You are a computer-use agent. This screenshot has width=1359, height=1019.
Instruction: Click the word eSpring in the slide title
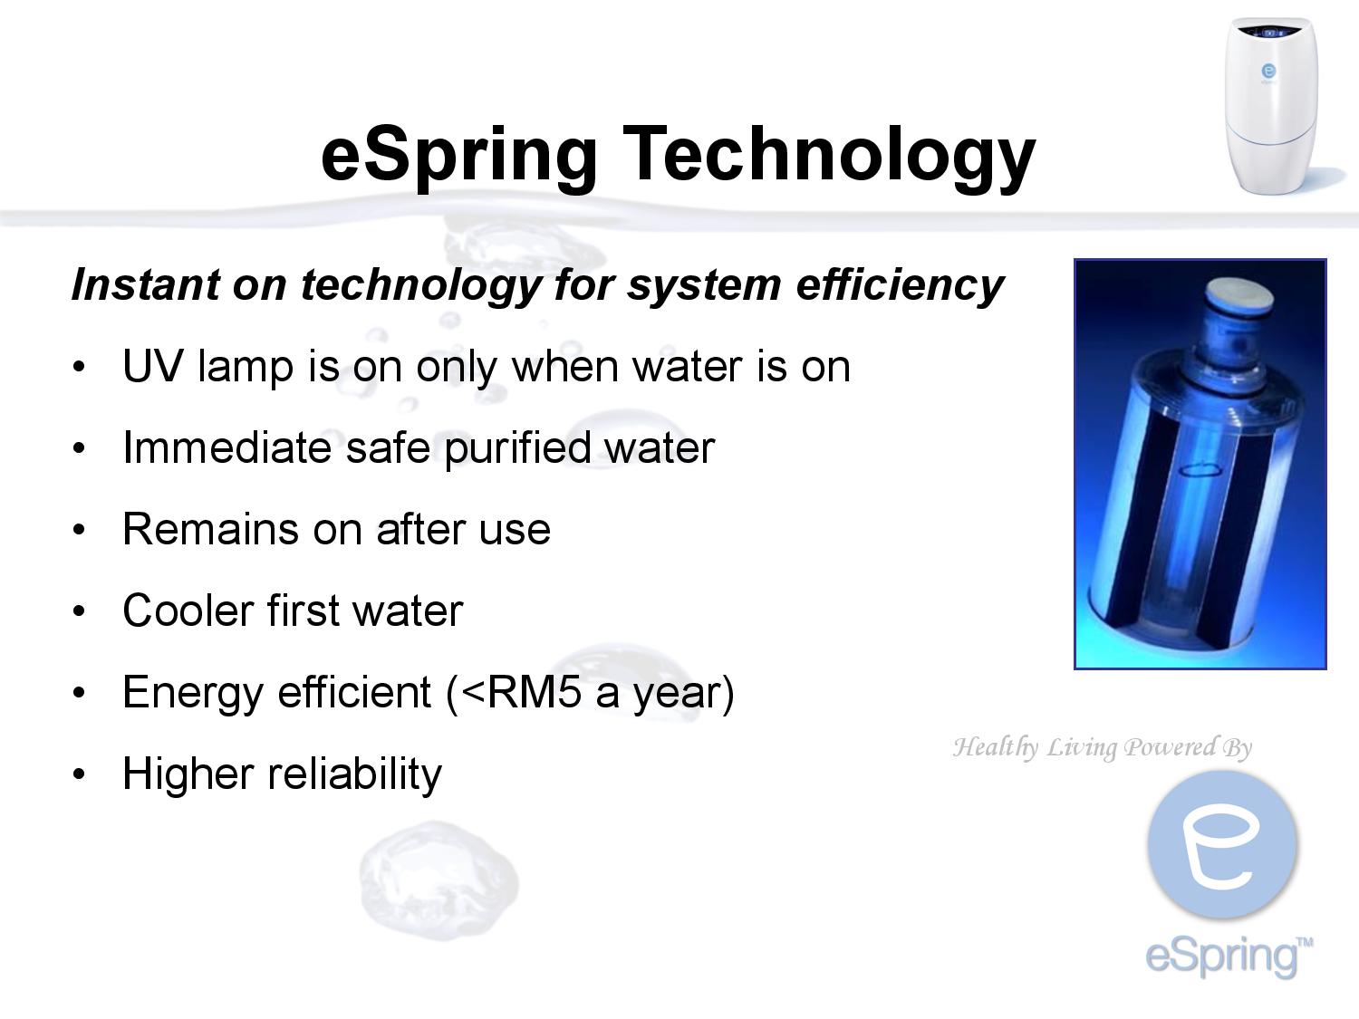[458, 154]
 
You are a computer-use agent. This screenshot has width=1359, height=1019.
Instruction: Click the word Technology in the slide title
[828, 154]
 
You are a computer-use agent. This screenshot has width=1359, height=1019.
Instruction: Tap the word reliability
[354, 774]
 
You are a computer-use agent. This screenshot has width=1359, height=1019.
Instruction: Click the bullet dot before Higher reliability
[80, 774]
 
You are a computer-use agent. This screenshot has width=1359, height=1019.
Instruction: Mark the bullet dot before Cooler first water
[80, 611]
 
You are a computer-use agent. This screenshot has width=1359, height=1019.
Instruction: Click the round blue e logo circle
[1222, 844]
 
